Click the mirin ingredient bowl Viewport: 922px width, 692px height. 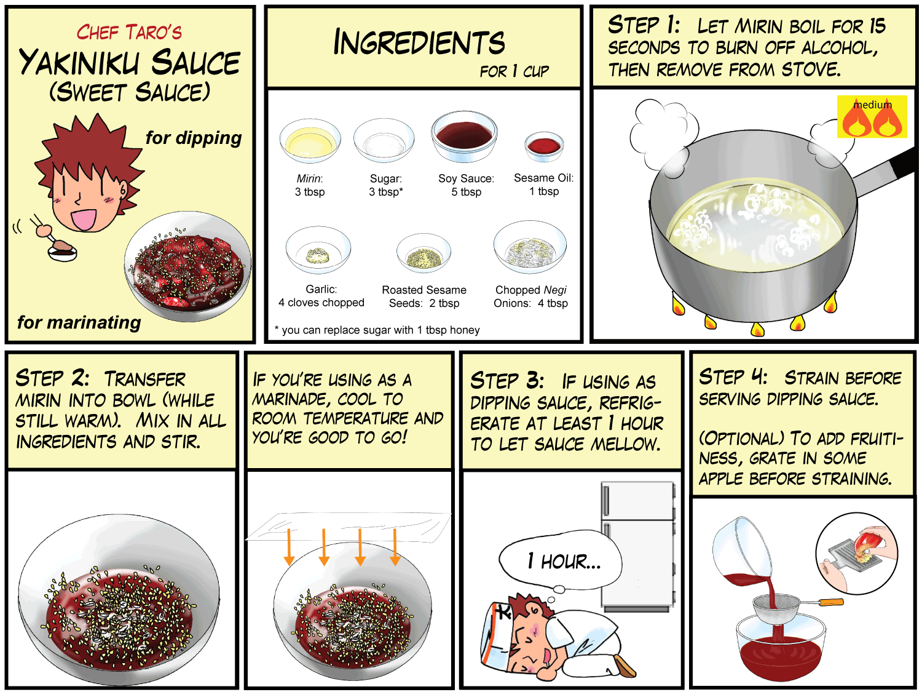click(310, 140)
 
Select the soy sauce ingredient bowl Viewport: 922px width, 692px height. click(464, 136)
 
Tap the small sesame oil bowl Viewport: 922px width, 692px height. click(544, 146)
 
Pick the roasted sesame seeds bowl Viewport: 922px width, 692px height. click(424, 253)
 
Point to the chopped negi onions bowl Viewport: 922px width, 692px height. click(530, 247)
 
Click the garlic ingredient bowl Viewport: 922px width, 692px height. click(318, 250)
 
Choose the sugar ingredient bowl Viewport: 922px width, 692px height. click(384, 140)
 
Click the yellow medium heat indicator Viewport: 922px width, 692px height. click(872, 116)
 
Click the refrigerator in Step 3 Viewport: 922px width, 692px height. click(637, 546)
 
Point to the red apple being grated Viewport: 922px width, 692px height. click(863, 542)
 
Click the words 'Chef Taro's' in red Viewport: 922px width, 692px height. click(129, 33)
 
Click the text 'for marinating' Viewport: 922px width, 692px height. click(79, 322)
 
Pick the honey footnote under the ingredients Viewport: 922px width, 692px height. click(377, 330)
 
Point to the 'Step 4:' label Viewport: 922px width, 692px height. click(733, 377)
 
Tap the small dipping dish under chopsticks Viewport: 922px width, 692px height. click(62, 253)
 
